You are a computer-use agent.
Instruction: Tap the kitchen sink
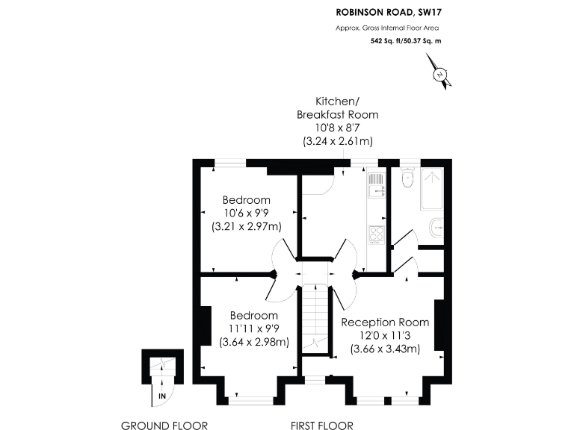coord(376,184)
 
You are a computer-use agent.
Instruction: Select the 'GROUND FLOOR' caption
coord(164,426)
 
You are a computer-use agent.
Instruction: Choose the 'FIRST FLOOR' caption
coord(321,426)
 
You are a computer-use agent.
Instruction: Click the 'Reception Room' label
coord(385,322)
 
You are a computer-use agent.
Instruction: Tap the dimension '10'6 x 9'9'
coord(246,213)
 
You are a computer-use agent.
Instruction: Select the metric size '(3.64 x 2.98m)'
coord(254,343)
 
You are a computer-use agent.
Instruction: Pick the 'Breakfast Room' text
coord(337,114)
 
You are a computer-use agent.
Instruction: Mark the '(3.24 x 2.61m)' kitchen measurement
coord(337,140)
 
